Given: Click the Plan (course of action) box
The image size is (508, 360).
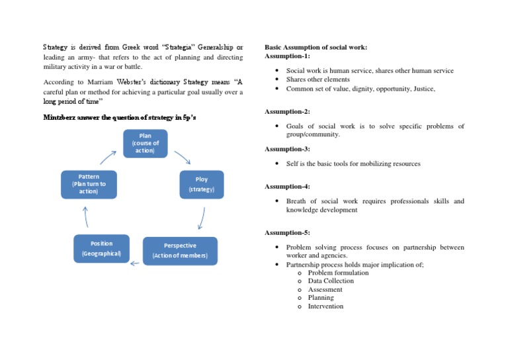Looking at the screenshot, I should (145, 144).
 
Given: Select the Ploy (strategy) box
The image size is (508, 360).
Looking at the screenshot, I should (202, 185).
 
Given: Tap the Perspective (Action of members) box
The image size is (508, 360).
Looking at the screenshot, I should (179, 250).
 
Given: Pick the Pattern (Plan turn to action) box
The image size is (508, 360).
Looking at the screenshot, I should (88, 185).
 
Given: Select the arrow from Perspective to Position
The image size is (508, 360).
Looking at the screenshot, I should (135, 263).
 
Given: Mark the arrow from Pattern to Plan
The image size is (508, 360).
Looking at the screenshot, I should (108, 157).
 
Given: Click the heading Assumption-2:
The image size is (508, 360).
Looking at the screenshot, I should (287, 111).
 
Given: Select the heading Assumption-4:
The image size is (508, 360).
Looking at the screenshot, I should (287, 187).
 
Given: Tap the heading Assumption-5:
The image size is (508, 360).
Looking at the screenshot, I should (287, 232).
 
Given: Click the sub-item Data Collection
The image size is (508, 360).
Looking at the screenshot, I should (331, 281).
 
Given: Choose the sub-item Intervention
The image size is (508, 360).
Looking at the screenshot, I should (325, 306).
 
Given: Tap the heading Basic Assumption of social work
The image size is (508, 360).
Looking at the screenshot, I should (316, 48).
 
